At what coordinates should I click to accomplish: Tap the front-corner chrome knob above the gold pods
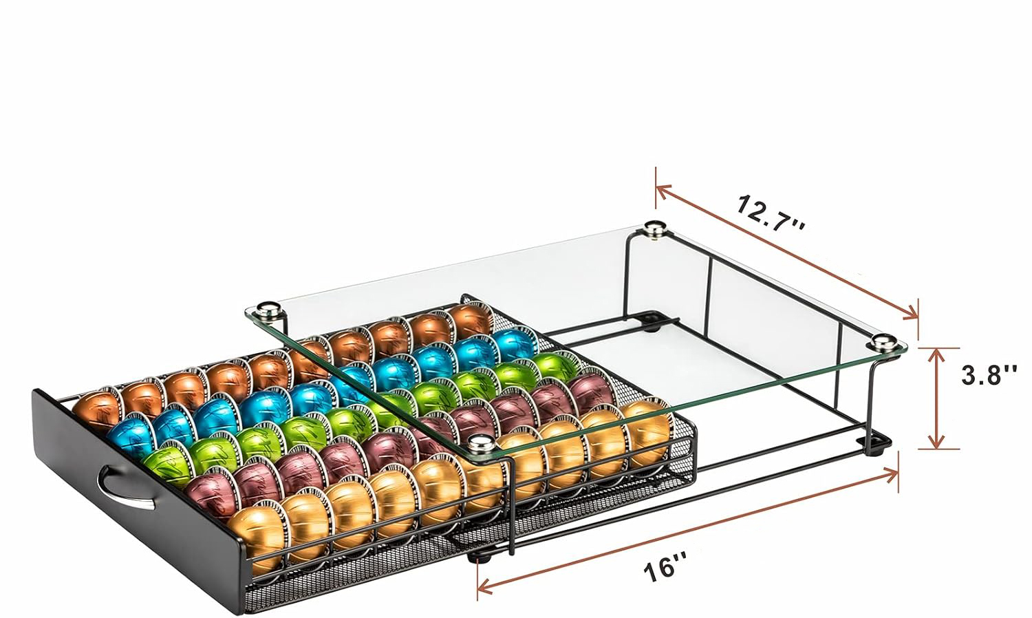[x=481, y=446]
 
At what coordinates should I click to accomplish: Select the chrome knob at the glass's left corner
[x=268, y=310]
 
